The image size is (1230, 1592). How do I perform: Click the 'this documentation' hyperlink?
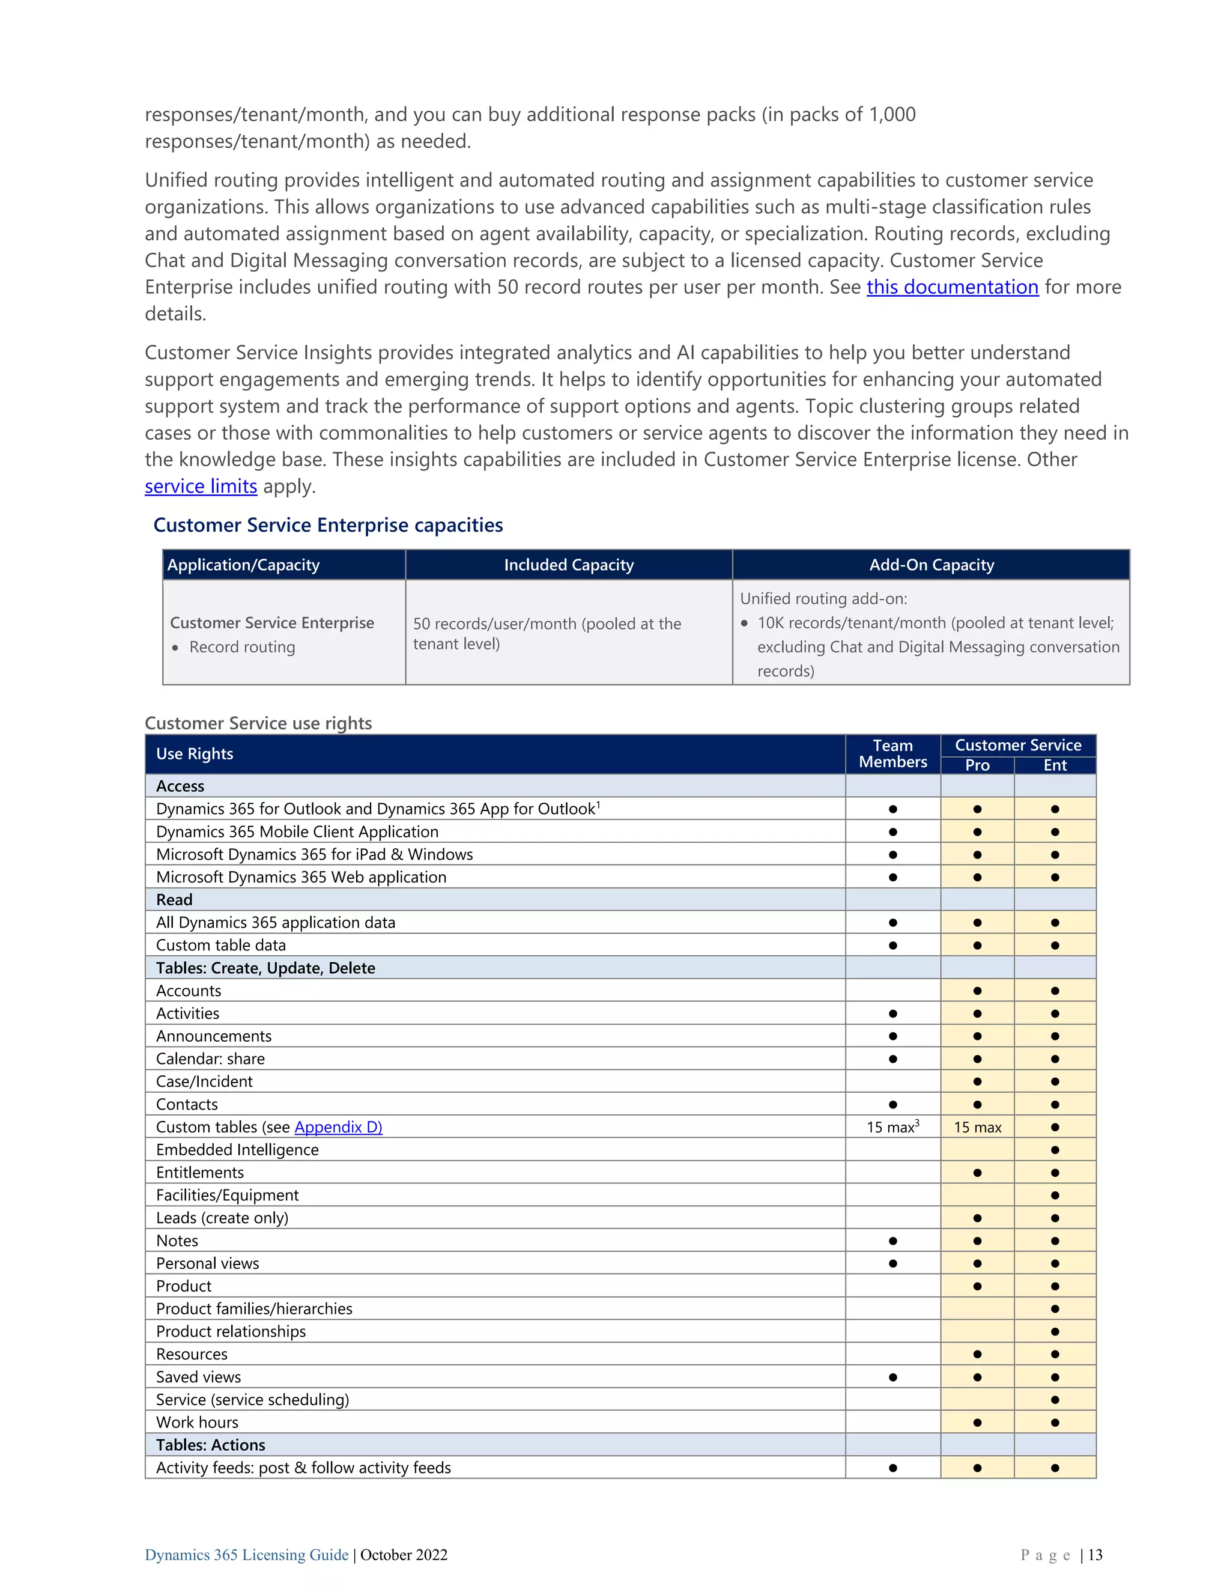point(952,287)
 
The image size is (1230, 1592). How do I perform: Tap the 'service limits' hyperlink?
point(201,486)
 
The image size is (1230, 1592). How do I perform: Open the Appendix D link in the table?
point(338,1127)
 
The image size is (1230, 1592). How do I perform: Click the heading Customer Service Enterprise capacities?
point(328,525)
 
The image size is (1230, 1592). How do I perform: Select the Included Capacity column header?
point(568,565)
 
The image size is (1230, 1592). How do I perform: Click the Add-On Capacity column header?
point(932,565)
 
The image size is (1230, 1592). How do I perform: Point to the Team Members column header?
point(892,754)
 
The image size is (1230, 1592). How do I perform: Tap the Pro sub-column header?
point(977,765)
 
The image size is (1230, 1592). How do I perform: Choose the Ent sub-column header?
point(1055,765)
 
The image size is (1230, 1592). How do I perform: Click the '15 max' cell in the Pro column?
point(977,1127)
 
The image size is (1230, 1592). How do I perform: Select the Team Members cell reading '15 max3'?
point(892,1127)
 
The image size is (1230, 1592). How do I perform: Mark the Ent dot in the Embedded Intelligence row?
point(1055,1149)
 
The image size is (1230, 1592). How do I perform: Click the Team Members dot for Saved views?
point(892,1377)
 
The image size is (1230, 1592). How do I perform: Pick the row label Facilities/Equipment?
point(228,1195)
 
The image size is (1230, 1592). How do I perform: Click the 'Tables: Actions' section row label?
point(211,1445)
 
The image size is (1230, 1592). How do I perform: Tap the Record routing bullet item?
point(242,647)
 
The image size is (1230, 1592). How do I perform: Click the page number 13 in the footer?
point(1095,1555)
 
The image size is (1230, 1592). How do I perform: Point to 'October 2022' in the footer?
point(404,1555)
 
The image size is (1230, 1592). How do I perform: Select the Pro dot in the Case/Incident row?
point(977,1082)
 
